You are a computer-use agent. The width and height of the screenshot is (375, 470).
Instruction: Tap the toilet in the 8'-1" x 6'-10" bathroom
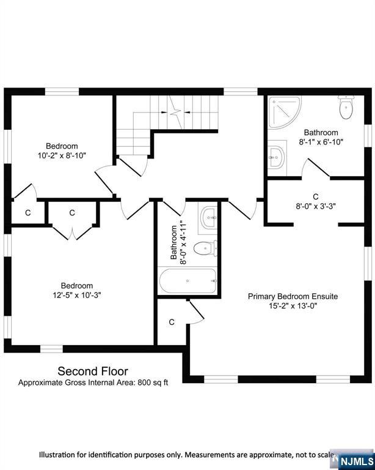coord(346,107)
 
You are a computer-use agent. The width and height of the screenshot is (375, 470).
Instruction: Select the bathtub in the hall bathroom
coord(188,281)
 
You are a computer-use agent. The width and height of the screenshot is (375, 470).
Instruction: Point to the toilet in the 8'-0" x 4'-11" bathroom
coord(205,248)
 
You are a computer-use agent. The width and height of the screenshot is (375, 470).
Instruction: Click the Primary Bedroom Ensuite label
coord(293,296)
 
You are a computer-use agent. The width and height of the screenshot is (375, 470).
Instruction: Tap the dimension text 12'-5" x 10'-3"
coord(77,295)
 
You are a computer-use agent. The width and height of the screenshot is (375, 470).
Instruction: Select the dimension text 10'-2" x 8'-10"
coord(62,155)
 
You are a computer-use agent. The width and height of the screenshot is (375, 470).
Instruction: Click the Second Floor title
coord(93,371)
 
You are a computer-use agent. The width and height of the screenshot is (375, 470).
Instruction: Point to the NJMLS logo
coord(356,461)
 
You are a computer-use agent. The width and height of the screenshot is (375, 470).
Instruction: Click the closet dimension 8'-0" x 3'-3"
coord(316,206)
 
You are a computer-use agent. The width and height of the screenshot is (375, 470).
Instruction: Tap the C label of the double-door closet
coord(72,213)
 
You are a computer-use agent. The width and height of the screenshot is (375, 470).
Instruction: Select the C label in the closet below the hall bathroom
coord(172,323)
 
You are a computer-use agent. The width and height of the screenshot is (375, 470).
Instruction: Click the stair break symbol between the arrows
coord(175,113)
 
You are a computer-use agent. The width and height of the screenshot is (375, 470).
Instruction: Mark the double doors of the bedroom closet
coord(73,233)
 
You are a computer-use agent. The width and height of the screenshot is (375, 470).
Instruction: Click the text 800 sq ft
coord(153,382)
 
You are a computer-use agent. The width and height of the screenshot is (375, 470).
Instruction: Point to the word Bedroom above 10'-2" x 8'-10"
coord(62,146)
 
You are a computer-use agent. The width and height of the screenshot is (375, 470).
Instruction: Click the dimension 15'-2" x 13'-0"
coord(293,306)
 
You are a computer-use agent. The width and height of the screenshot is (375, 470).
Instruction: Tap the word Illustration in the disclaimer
coord(57,455)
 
